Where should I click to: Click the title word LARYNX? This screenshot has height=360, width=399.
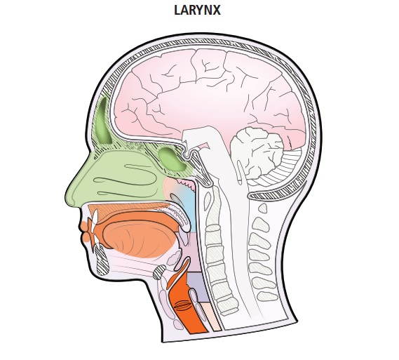tap(197, 11)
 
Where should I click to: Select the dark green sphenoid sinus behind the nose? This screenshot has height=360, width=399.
tap(172, 159)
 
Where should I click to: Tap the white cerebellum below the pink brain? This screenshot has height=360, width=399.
tap(257, 153)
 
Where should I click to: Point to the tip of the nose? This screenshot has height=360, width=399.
tap(67, 196)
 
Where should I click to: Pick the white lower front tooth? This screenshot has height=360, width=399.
tap(97, 240)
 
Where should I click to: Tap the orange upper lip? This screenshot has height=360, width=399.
tap(83, 225)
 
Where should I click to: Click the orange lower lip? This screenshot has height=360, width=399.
tap(86, 237)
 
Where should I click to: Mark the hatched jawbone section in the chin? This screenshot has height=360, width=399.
tap(102, 260)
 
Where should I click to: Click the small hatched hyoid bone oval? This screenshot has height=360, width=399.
tap(159, 272)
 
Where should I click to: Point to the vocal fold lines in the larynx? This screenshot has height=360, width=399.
tap(183, 305)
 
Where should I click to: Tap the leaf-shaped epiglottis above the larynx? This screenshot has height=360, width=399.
tap(183, 263)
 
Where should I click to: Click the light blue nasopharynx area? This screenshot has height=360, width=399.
tap(189, 204)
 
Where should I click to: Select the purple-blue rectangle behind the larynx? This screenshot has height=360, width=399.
tap(198, 286)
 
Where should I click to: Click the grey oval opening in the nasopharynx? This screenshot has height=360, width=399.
tap(175, 199)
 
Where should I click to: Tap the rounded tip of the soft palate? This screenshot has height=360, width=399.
tap(185, 228)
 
